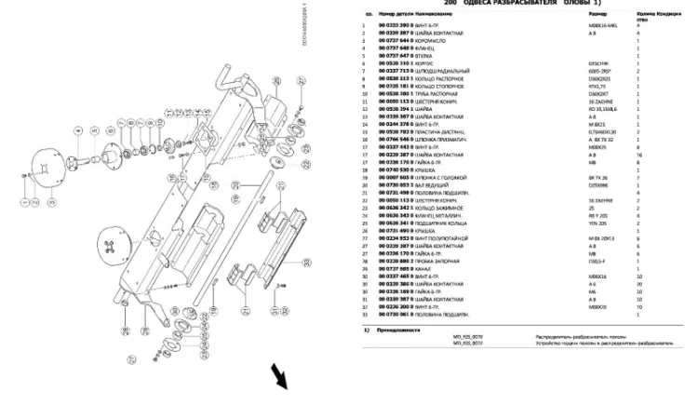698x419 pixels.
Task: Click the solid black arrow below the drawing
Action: coord(277,376)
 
